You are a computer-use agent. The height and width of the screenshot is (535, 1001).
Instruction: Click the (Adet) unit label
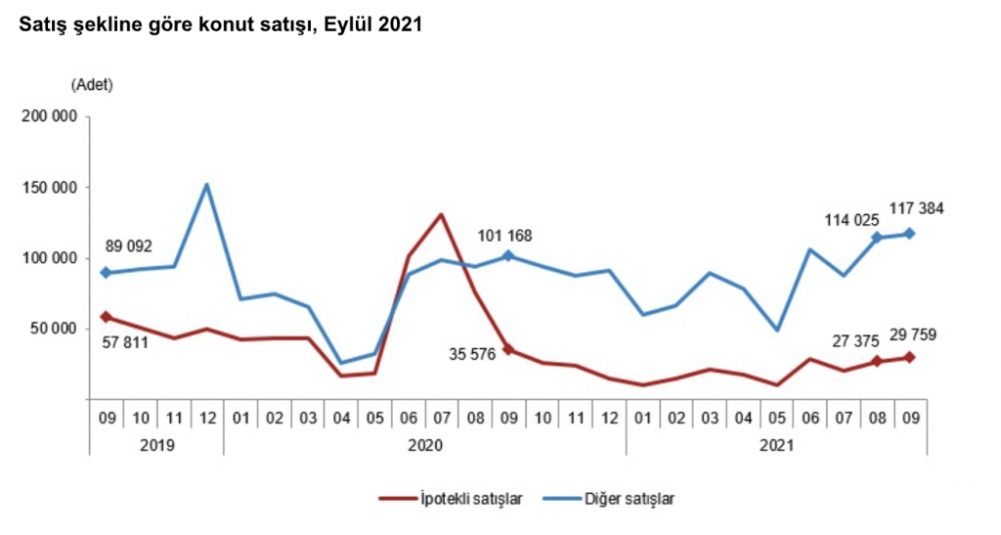tap(92, 84)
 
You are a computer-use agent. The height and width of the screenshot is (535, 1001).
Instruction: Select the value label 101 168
tap(510, 236)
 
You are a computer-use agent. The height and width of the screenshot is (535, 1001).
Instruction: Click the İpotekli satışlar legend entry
tap(451, 499)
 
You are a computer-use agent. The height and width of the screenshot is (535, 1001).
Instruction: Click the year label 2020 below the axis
tap(425, 445)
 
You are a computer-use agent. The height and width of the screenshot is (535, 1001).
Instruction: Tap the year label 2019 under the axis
tap(156, 445)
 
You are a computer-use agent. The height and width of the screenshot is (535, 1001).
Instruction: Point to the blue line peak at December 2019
tap(207, 184)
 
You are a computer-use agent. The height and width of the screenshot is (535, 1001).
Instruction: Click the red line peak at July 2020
tap(442, 214)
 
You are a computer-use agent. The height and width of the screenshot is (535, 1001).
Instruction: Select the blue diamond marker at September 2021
tap(909, 233)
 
